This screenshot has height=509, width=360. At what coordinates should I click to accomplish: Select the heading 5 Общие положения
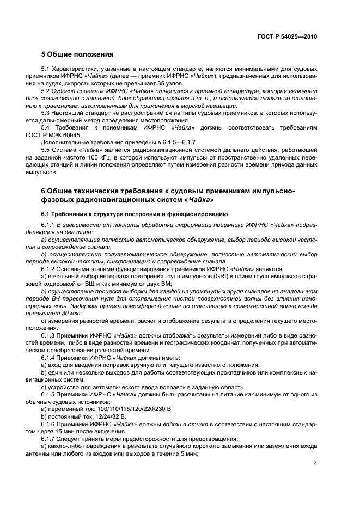click(77, 54)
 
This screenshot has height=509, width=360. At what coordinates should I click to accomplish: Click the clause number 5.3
click(46, 113)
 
